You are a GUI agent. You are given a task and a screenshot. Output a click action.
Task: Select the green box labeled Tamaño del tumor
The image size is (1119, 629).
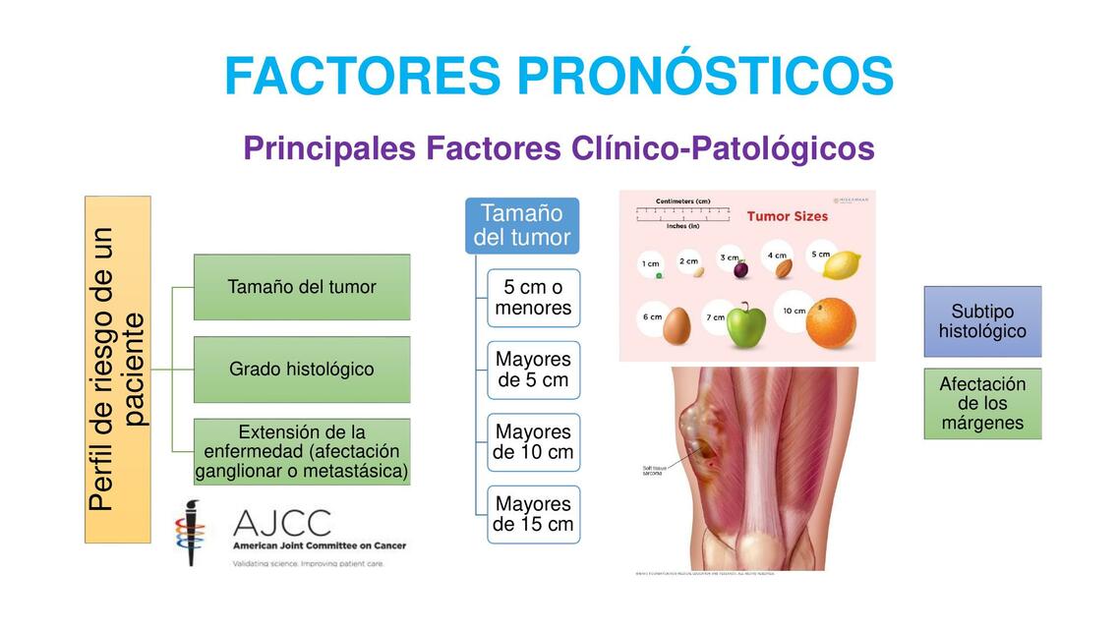coord(302,287)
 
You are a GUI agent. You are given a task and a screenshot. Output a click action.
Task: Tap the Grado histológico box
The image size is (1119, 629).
coord(302,370)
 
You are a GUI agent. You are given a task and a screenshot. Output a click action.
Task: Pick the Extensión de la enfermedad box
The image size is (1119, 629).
coord(302,452)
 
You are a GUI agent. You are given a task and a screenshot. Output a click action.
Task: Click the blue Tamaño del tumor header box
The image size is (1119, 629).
coord(521,226)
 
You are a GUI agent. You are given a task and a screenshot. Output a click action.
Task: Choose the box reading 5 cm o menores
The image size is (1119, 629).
coord(533,298)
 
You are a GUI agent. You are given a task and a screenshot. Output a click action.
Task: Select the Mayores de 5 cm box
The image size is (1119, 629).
coord(533,370)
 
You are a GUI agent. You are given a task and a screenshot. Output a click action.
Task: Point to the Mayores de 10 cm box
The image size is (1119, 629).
coord(533,442)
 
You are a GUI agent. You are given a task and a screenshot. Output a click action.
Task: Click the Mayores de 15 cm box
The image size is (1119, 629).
coord(533,514)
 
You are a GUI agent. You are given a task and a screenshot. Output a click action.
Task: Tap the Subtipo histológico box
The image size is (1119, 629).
coord(981,321)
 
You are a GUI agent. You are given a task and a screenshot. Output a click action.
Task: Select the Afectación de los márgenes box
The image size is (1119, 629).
coord(981,404)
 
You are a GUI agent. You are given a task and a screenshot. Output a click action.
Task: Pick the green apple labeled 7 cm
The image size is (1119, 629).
coord(745,324)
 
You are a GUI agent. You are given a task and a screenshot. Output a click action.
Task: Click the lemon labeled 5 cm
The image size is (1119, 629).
coord(840,264)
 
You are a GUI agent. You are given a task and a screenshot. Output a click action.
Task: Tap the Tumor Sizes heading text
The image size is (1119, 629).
coord(787,216)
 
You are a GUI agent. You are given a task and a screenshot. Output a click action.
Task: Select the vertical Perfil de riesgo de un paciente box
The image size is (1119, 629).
coord(118,370)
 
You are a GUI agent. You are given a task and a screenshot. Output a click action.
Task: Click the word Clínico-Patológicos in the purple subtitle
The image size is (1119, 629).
coord(723,149)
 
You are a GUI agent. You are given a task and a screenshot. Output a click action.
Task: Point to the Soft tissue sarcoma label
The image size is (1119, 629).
coord(654,470)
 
